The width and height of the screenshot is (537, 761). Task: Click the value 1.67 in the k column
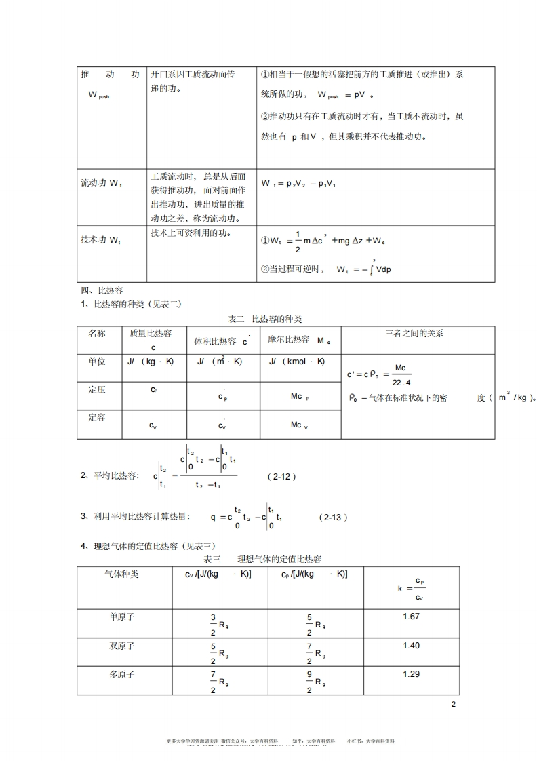point(412,616)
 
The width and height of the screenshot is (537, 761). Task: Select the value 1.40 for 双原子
point(412,645)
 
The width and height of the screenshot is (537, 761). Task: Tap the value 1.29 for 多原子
point(412,674)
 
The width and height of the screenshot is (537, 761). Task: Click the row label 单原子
point(122,617)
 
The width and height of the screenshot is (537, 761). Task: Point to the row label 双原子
point(122,646)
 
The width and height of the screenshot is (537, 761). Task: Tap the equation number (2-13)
point(333,517)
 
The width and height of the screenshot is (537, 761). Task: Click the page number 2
point(454,705)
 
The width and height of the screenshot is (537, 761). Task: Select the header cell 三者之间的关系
point(414,333)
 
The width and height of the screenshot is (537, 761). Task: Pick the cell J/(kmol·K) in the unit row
point(297,362)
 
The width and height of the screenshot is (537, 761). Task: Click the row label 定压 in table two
point(97,390)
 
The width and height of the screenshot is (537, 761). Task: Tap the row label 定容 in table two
point(97,418)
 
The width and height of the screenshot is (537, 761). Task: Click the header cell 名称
point(97,333)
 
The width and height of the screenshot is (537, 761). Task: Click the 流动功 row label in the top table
point(102,183)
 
